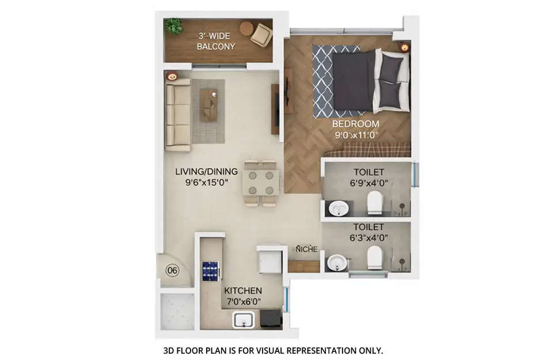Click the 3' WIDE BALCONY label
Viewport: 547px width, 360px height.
tap(216, 41)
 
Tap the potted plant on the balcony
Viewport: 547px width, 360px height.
tap(174, 26)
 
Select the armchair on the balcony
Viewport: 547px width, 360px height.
tap(261, 34)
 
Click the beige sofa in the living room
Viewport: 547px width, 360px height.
tap(177, 115)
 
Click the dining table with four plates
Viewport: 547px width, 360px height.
tap(260, 183)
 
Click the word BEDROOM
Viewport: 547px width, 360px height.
tap(355, 124)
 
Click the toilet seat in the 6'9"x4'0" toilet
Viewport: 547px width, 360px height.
tap(375, 202)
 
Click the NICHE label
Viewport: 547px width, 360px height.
tap(306, 249)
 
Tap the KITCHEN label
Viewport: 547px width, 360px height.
tap(243, 291)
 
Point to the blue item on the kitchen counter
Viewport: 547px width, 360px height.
tap(210, 270)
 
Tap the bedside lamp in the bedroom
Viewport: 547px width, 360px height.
tap(405, 48)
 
